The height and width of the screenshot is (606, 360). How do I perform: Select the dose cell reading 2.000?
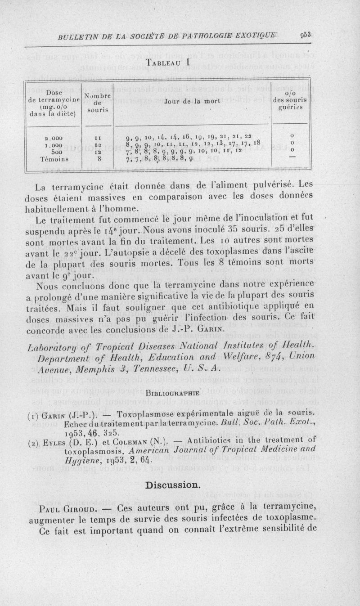click(x=61, y=136)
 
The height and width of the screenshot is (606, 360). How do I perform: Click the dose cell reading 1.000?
click(x=61, y=144)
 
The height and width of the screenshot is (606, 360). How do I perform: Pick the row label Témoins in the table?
click(x=61, y=158)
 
